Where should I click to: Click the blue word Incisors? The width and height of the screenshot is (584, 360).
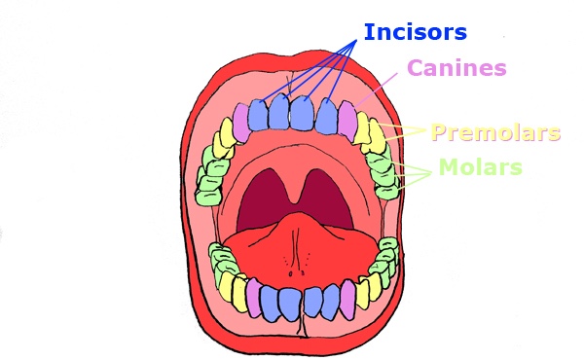[x=416, y=32]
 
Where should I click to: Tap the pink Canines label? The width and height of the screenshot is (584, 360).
[x=456, y=68]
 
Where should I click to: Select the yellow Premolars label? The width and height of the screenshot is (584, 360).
[x=495, y=132]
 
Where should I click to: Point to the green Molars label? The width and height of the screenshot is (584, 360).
[x=480, y=167]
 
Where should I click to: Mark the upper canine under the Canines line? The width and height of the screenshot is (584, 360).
[x=348, y=119]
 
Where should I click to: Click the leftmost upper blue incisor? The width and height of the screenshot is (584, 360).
[x=259, y=116]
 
